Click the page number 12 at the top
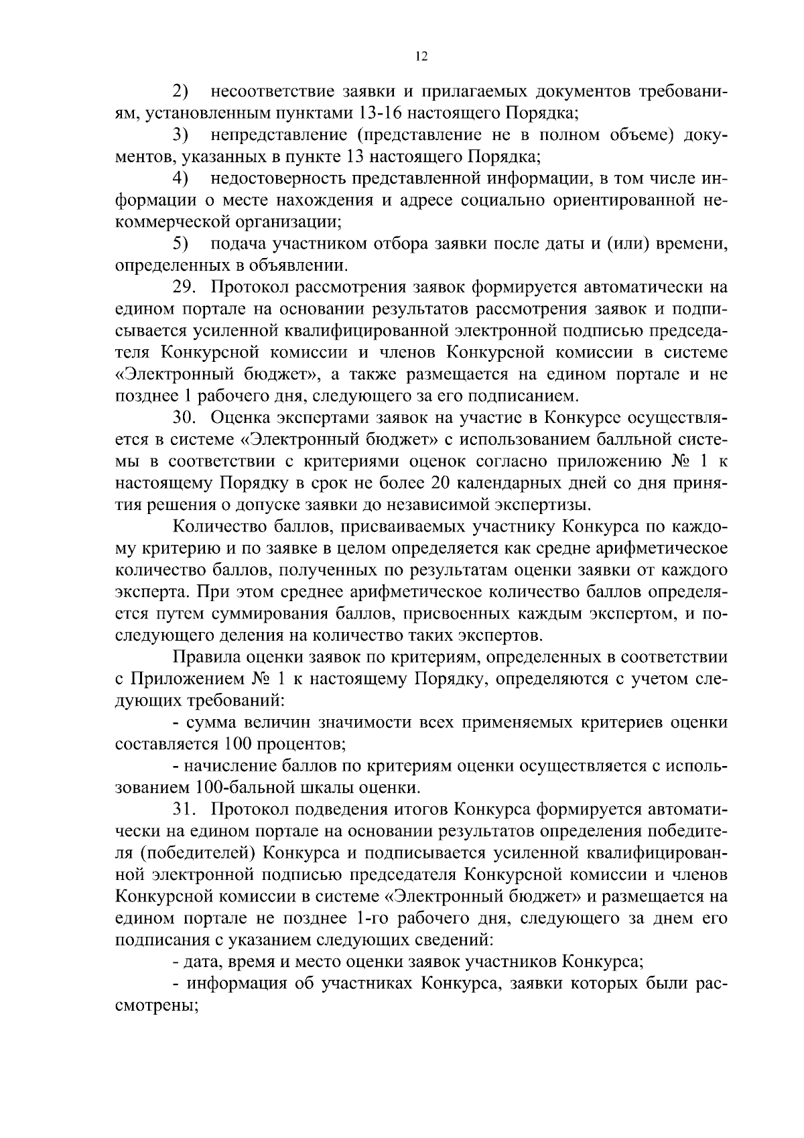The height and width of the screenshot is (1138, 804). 421,57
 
